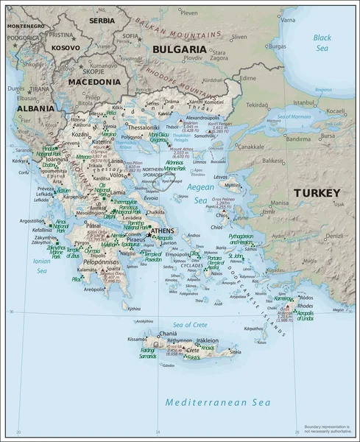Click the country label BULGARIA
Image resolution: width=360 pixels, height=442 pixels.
point(179,49)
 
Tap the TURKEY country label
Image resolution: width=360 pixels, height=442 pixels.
point(317,193)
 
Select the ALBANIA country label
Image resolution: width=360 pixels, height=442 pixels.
point(36,108)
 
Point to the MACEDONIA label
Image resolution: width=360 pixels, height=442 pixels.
point(94,83)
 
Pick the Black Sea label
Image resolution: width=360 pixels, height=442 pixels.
point(322,42)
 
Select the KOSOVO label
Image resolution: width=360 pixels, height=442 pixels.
point(66,47)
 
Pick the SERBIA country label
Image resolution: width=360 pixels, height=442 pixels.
point(102,21)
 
